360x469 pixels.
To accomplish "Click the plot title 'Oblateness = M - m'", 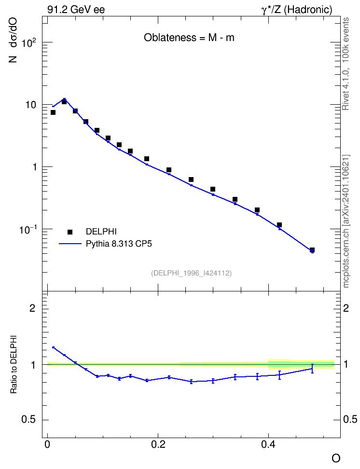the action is point(189,38).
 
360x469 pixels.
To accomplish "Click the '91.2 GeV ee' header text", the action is point(76,10).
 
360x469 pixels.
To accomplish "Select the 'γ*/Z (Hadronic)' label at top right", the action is point(297,10).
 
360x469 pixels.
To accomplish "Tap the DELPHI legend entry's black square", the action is point(70,232).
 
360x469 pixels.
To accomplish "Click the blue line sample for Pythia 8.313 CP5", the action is point(70,244).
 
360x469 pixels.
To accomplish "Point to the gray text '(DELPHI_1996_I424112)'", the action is point(192,273).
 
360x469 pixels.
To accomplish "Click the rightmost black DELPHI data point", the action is point(312,250).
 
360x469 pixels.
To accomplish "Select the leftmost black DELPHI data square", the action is point(53,112).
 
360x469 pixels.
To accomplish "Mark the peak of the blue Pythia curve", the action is point(64,99).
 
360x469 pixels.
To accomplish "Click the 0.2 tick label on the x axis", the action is point(158,444).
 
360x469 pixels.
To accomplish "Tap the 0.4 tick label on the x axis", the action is point(268,444).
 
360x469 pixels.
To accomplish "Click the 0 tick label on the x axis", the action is point(47,444).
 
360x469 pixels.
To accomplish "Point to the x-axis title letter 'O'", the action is point(336,458).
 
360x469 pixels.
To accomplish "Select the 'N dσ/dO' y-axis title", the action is point(13,40).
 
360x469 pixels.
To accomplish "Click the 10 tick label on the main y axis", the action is point(30,105).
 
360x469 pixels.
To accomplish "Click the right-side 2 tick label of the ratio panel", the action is point(346,308).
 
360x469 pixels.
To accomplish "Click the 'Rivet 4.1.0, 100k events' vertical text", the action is point(346,64).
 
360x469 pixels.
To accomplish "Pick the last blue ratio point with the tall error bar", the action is point(312,369).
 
